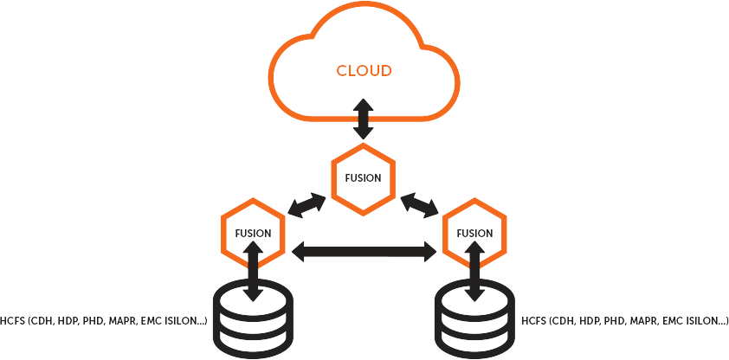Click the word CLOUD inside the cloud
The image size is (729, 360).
coord(364,70)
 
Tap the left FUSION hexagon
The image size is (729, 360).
coord(253,233)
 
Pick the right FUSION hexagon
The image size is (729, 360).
coord(474,233)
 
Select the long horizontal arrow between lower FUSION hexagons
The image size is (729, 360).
coord(364,252)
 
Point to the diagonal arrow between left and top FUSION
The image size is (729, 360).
coord(307,206)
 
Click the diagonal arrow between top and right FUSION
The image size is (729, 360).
coord(421,206)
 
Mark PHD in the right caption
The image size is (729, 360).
coord(617,322)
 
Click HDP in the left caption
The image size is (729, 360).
coord(71,322)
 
